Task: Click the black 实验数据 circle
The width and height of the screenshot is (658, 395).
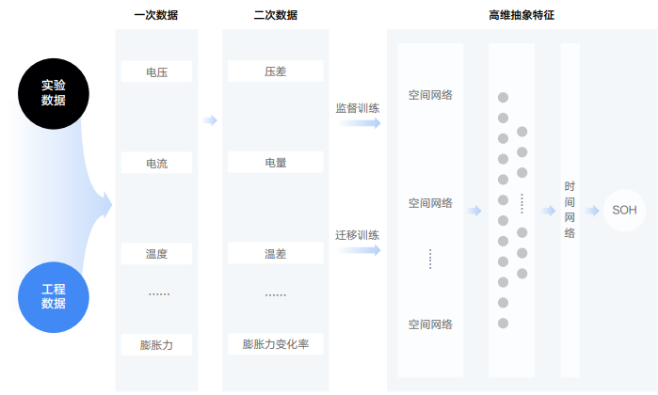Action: [54, 91]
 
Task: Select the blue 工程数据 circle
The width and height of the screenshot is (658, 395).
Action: [54, 296]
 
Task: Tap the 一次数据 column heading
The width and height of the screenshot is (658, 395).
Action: [156, 15]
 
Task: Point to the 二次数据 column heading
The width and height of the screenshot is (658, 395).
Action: [276, 15]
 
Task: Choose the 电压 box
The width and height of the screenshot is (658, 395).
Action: [156, 71]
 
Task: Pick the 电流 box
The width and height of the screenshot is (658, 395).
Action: [156, 163]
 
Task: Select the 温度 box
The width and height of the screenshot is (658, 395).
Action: [156, 254]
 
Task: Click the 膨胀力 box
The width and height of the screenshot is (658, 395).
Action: [156, 345]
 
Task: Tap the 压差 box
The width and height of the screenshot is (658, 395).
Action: [276, 71]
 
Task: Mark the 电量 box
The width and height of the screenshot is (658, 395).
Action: [276, 163]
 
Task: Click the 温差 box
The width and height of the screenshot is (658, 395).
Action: [276, 254]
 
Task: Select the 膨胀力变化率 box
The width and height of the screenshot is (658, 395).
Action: [276, 345]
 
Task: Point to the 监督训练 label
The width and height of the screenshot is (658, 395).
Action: [358, 107]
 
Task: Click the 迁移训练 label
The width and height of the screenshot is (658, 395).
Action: [358, 234]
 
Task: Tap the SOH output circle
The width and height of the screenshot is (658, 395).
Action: [624, 210]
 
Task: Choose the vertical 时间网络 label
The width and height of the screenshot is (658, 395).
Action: [570, 210]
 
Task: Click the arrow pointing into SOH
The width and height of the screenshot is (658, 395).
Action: [592, 210]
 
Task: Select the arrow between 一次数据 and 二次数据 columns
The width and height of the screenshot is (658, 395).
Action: [210, 120]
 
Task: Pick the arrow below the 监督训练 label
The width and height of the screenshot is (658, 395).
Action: [359, 123]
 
